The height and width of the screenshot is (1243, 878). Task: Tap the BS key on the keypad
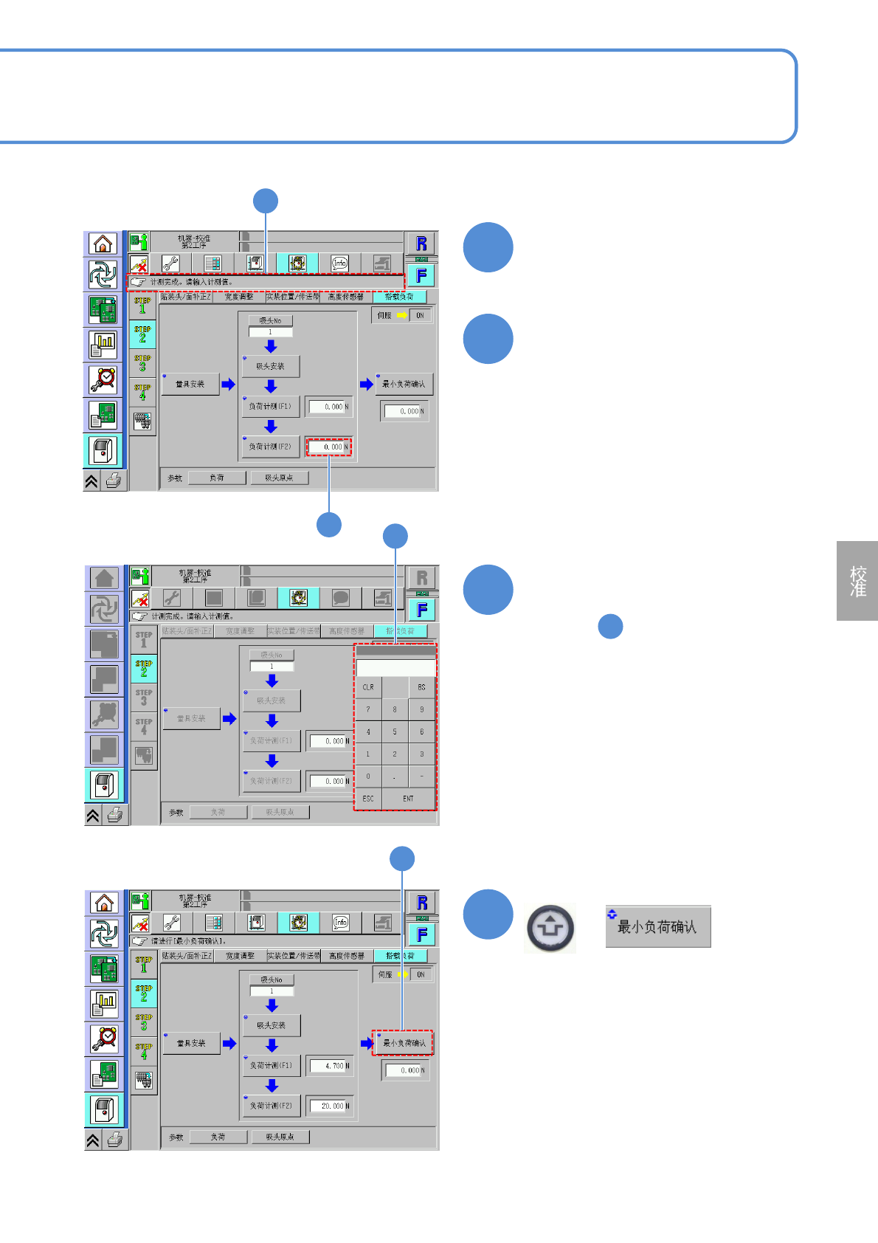tap(421, 687)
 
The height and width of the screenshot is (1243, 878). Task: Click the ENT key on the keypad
tap(408, 799)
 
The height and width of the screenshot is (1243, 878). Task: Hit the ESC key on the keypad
tap(368, 799)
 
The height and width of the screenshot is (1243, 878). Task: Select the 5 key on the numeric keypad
tap(395, 732)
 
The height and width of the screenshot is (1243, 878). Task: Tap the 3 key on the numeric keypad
tap(421, 754)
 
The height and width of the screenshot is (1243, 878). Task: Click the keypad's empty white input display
tap(395, 668)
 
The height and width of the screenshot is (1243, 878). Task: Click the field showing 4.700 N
tap(329, 1066)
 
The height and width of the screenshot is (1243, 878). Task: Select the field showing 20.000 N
tap(329, 1106)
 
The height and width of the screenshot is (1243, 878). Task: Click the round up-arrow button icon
tap(550, 928)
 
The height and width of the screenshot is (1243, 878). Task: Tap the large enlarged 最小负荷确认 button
tap(658, 927)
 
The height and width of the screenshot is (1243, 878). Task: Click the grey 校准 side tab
tap(857, 581)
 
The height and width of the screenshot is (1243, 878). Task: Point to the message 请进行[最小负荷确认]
tap(189, 941)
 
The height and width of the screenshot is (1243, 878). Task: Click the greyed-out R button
tap(422, 578)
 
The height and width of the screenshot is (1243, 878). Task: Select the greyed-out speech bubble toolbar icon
tap(341, 598)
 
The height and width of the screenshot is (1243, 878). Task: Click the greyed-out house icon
tap(105, 578)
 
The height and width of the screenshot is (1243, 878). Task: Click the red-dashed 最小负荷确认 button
tap(403, 1043)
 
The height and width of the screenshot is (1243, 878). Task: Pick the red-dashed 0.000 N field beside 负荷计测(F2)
tap(329, 447)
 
